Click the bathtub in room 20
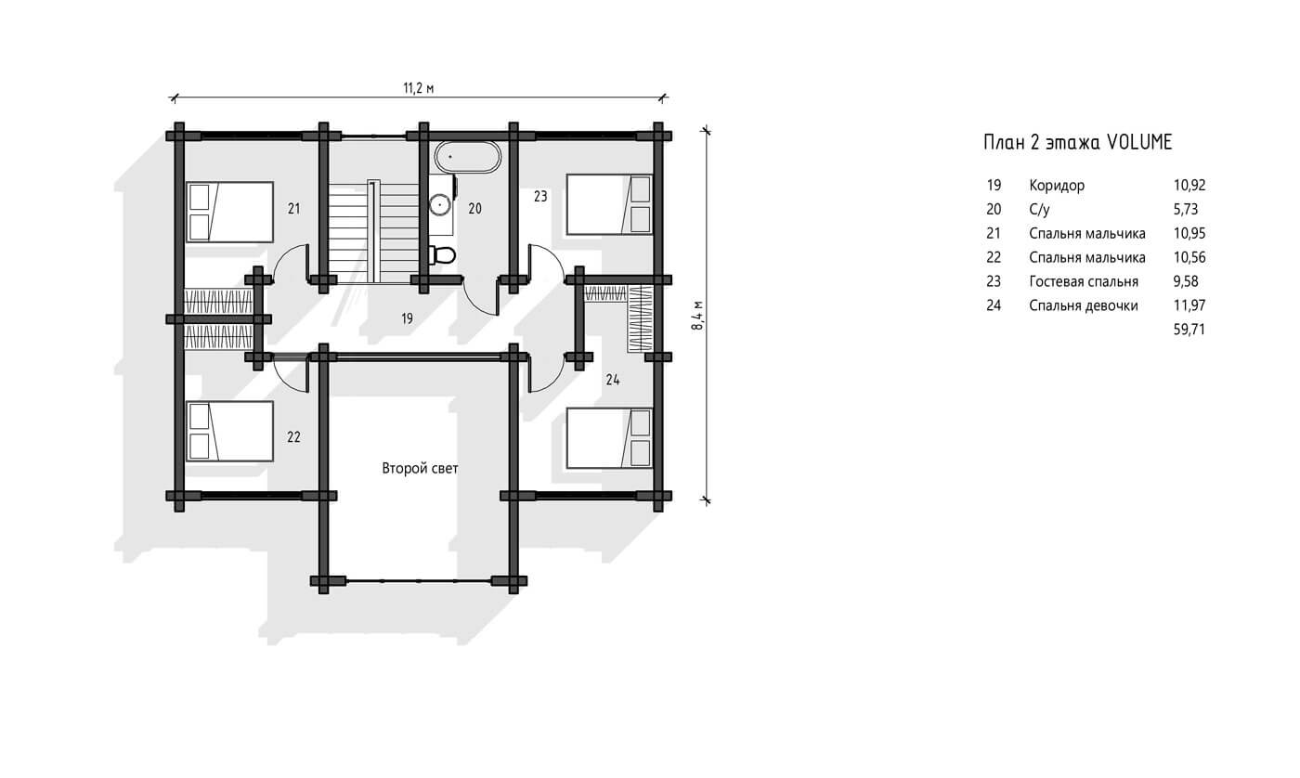pos(467,157)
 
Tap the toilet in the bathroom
pos(443,254)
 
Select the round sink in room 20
pos(439,205)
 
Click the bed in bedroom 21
pos(230,212)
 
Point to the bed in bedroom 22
pos(230,431)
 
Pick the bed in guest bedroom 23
pos(609,204)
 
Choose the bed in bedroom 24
pos(609,438)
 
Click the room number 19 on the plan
pos(407,318)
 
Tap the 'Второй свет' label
pos(420,468)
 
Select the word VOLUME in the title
pos(1139,142)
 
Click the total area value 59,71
pos(1189,330)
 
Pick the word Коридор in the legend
pos(1057,185)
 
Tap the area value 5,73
pos(1186,210)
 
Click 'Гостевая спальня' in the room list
pos(1084,281)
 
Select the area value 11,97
pos(1189,305)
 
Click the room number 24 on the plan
pos(613,380)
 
